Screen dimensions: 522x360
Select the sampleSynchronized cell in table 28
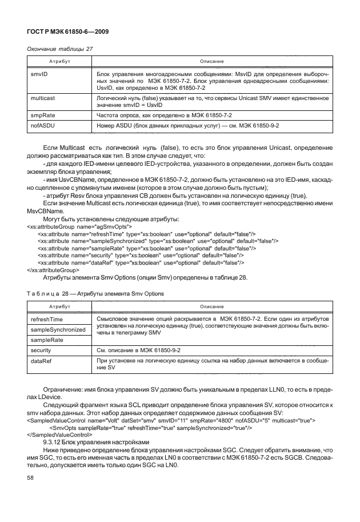pos(58,329)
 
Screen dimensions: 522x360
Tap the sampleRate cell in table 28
pos(47,340)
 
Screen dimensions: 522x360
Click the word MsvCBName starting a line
pos(46,211)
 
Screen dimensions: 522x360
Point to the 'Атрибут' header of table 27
pos(55,61)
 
